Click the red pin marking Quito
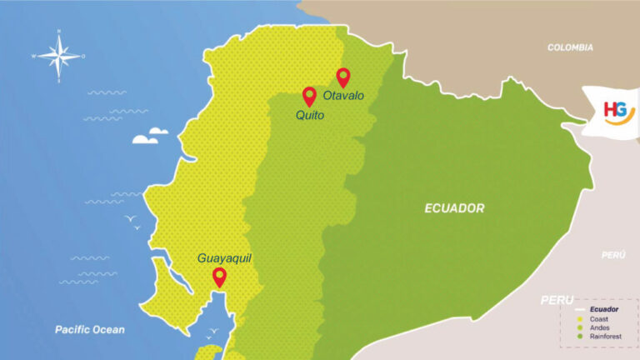pos(309,96)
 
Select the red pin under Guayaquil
pos(219,277)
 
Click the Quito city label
pos(309,116)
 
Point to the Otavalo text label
pos(343,96)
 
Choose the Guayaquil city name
pos(224,258)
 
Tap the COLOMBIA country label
pos(570,47)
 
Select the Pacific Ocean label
pos(90,329)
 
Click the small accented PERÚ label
pos(613,253)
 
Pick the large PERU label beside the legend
pos(557,299)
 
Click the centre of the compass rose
pos(59,57)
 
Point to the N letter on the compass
pos(59,32)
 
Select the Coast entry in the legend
pos(598,319)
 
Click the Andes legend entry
pos(599,327)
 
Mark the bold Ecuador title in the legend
pos(603,309)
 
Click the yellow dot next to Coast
pos(579,319)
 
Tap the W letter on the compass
pos(34,57)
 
